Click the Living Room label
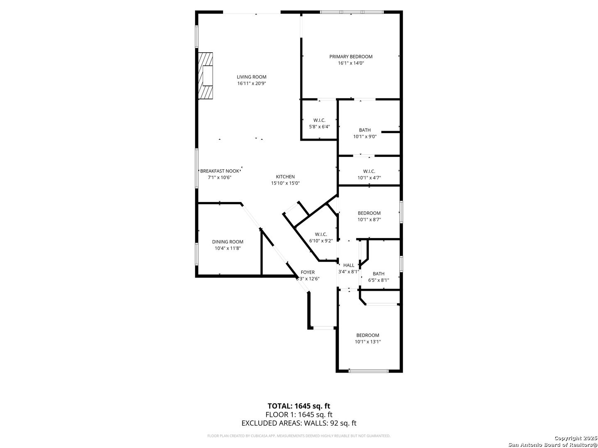(251, 77)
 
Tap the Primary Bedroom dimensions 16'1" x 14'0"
(351, 63)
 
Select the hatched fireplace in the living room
(206, 75)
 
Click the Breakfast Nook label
(220, 171)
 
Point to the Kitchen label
(285, 177)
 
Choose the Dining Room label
(228, 242)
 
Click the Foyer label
(308, 273)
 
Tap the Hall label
(349, 265)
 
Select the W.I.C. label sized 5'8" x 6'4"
(319, 120)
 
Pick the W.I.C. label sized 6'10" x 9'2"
(321, 234)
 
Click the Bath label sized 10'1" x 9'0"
(365, 130)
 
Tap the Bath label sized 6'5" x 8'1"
(378, 274)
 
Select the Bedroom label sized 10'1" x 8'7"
(369, 213)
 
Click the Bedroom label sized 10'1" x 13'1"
(368, 336)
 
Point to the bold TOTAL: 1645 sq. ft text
(299, 406)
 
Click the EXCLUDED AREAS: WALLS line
(299, 423)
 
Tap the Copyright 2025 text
(575, 438)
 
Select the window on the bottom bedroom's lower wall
(368, 370)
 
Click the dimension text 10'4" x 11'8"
(228, 248)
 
